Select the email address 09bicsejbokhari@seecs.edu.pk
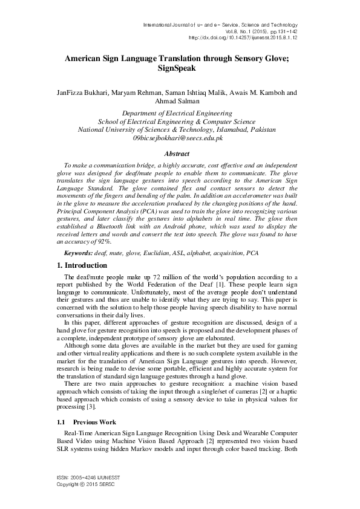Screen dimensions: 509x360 [x=177, y=138]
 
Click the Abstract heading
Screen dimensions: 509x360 [x=177, y=154]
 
